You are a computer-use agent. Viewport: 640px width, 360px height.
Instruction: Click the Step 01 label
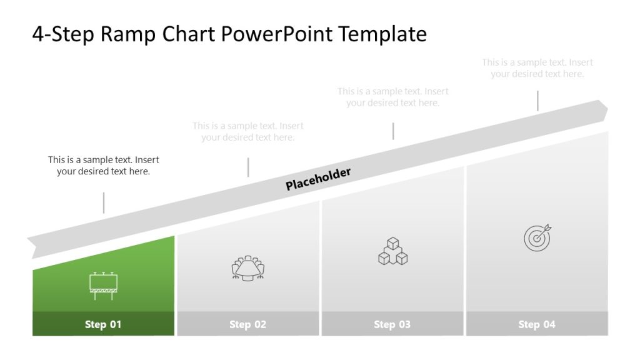(103, 324)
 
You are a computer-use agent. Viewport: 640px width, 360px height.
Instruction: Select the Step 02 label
(247, 324)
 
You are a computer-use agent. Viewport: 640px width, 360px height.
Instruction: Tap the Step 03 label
(392, 324)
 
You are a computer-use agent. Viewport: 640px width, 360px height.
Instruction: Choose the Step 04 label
(536, 324)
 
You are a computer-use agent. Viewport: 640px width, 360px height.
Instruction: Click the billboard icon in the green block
(103, 286)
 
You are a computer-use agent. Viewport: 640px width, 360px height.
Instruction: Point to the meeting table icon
(248, 268)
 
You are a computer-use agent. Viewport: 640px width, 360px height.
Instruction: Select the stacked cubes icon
(392, 251)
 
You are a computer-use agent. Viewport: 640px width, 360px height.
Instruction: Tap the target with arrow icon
(537, 237)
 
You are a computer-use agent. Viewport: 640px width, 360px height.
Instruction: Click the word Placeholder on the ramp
(318, 179)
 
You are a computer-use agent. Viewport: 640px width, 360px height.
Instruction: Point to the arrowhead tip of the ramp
(606, 110)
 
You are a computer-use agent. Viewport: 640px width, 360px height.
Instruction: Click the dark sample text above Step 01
(104, 166)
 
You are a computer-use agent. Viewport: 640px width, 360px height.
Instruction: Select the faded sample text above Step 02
(248, 132)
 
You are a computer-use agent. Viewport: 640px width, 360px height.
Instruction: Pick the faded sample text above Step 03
(393, 97)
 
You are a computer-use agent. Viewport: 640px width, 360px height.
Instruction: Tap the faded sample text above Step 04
(537, 68)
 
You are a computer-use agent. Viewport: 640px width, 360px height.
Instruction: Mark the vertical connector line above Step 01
(104, 202)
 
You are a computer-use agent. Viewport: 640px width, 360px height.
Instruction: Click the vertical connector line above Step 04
(537, 101)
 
